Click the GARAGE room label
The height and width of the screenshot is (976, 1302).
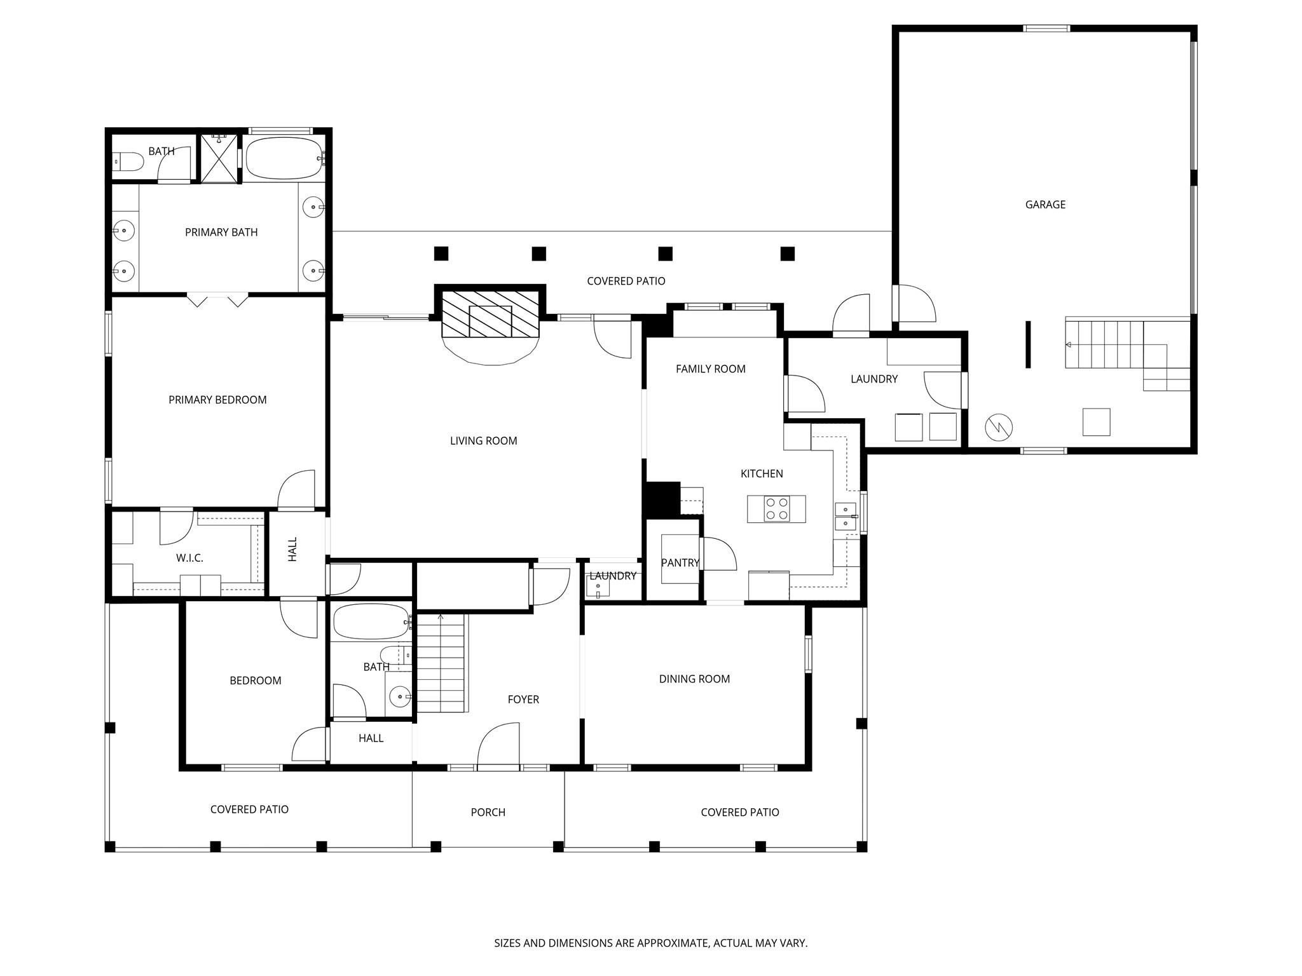pyautogui.click(x=1045, y=205)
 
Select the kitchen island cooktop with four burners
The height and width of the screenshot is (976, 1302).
pyautogui.click(x=776, y=509)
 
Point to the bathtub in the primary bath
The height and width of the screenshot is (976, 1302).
pyautogui.click(x=284, y=158)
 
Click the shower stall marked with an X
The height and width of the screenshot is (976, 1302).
pyautogui.click(x=219, y=158)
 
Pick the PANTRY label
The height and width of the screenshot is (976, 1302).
pyautogui.click(x=680, y=562)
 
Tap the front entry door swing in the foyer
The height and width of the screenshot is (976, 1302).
pyautogui.click(x=500, y=745)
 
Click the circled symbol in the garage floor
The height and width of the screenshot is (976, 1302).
pyautogui.click(x=998, y=428)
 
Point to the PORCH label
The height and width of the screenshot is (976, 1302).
pyautogui.click(x=488, y=812)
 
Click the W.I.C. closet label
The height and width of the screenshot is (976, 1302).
pyautogui.click(x=189, y=558)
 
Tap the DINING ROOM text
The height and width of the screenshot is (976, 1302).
pyautogui.click(x=694, y=679)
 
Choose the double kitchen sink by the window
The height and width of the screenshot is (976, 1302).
pyautogui.click(x=845, y=516)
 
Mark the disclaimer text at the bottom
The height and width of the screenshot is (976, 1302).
pyautogui.click(x=650, y=943)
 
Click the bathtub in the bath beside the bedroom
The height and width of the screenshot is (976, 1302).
pyautogui.click(x=371, y=621)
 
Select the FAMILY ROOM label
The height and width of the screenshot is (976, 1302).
pyautogui.click(x=710, y=369)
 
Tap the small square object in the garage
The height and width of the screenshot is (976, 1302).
pyautogui.click(x=1096, y=422)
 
